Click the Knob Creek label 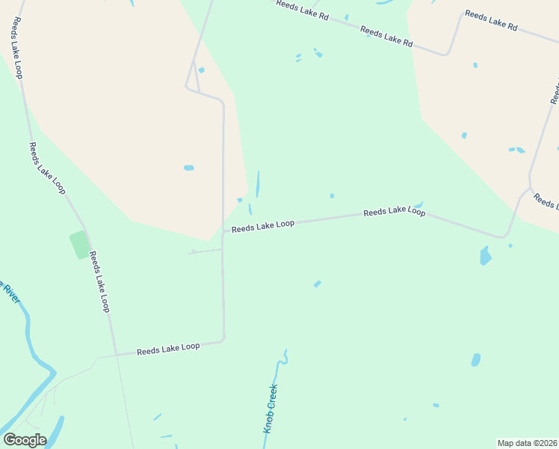pyautogui.click(x=271, y=409)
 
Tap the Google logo pyautogui.click(x=24, y=439)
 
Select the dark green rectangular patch pyautogui.click(x=79, y=245)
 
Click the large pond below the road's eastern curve pyautogui.click(x=486, y=256)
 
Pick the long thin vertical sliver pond pyautogui.click(x=258, y=184)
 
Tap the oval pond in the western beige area pyautogui.click(x=189, y=168)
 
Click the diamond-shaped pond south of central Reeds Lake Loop pyautogui.click(x=318, y=284)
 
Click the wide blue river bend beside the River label pyautogui.click(x=34, y=352)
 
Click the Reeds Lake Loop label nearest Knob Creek pyautogui.click(x=168, y=348)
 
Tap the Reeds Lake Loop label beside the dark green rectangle pyautogui.click(x=99, y=281)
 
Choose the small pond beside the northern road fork pyautogui.click(x=201, y=70)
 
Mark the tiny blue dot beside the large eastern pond pyautogui.click(x=510, y=245)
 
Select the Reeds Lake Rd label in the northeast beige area pyautogui.click(x=491, y=19)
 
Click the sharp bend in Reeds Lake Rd pyautogui.click(x=447, y=53)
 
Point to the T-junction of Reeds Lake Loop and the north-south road pyautogui.click(x=223, y=231)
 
